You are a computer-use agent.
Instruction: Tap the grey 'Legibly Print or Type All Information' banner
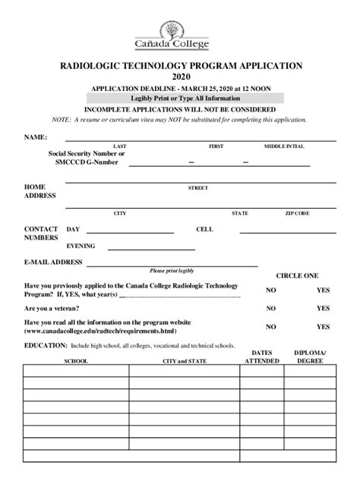[x=185, y=99]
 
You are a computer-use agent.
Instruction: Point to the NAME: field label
[x=36, y=137]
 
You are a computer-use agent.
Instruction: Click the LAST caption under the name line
[x=119, y=146]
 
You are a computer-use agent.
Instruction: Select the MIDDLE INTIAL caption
[x=284, y=146]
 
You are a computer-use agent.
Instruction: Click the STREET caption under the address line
[x=197, y=187]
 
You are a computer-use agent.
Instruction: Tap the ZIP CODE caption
[x=297, y=214]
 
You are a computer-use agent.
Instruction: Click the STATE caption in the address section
[x=240, y=214]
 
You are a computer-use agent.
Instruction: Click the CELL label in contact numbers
[x=204, y=228]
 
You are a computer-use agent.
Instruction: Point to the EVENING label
[x=81, y=247]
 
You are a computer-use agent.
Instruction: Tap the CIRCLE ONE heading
[x=296, y=275]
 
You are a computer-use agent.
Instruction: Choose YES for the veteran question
[x=323, y=309]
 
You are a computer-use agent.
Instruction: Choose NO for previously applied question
[x=270, y=290]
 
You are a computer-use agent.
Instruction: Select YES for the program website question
[x=323, y=327]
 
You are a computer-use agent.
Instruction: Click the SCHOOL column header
[x=76, y=361]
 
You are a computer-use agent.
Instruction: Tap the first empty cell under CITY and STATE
[x=185, y=372]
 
